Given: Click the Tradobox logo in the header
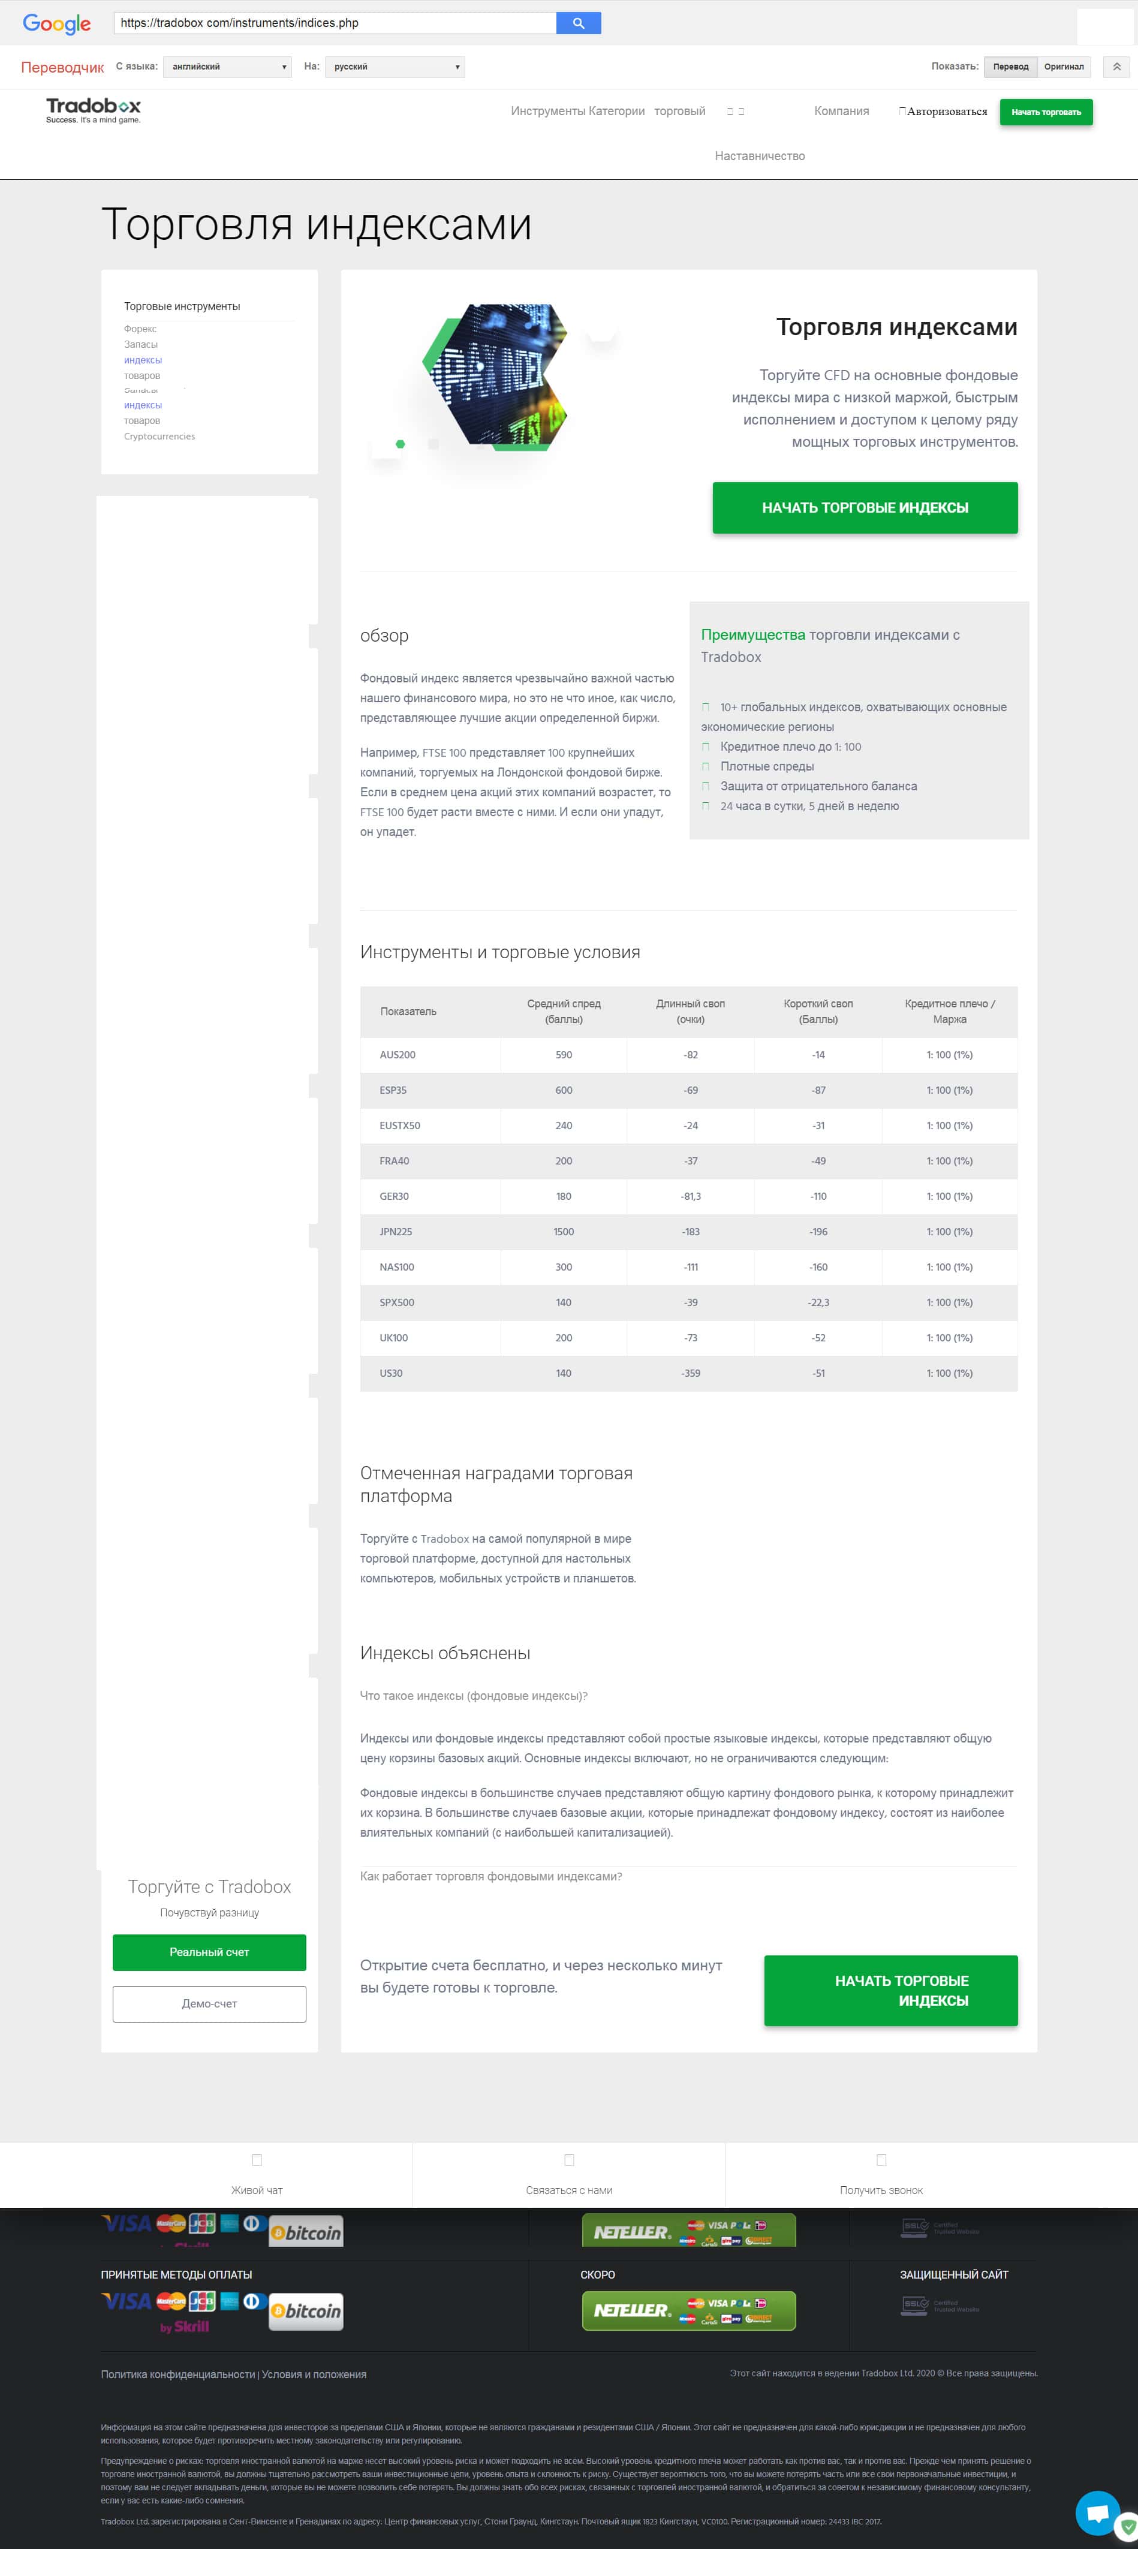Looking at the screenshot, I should pyautogui.click(x=93, y=110).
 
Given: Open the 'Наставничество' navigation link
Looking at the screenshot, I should pyautogui.click(x=759, y=155).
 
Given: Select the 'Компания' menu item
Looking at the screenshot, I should pyautogui.click(x=841, y=111).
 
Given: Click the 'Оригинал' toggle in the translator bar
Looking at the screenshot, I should pyautogui.click(x=1064, y=67).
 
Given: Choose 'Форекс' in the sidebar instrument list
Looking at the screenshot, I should pyautogui.click(x=140, y=329).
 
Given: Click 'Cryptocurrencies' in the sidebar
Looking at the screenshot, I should pyautogui.click(x=159, y=437).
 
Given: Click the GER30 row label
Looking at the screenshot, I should pyautogui.click(x=394, y=1196).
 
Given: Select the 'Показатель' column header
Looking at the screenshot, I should pyautogui.click(x=408, y=1012).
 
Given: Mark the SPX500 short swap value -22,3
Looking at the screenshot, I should pyautogui.click(x=818, y=1302).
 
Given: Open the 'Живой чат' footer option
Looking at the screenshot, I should pyautogui.click(x=256, y=2190).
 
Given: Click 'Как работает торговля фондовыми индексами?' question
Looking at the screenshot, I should pyautogui.click(x=491, y=1876).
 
